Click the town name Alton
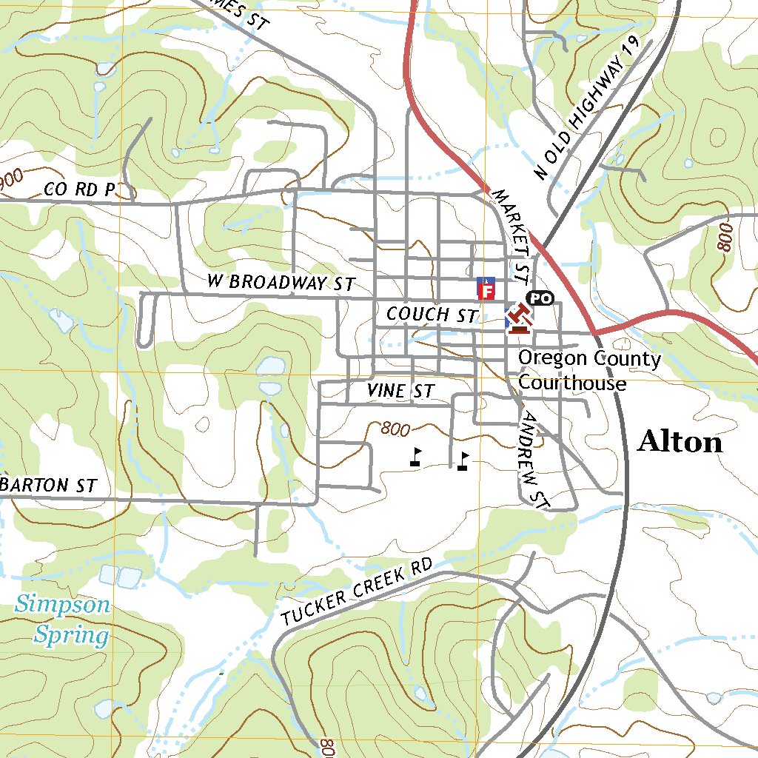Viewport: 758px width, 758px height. [680, 442]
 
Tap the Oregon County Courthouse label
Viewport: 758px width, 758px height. [589, 370]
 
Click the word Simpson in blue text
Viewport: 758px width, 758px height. [63, 605]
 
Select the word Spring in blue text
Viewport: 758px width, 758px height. [72, 635]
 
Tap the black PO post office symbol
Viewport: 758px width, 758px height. [540, 298]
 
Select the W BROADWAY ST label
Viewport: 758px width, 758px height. [281, 282]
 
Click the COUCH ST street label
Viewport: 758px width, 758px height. [432, 315]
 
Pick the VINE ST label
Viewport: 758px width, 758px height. [400, 391]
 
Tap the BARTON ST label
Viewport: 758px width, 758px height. [50, 486]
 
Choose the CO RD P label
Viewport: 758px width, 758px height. [80, 189]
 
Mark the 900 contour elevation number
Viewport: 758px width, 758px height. [10, 178]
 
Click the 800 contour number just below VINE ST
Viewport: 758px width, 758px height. [396, 429]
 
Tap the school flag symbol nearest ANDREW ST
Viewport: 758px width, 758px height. [463, 461]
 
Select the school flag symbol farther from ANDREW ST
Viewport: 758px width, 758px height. [416, 457]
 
